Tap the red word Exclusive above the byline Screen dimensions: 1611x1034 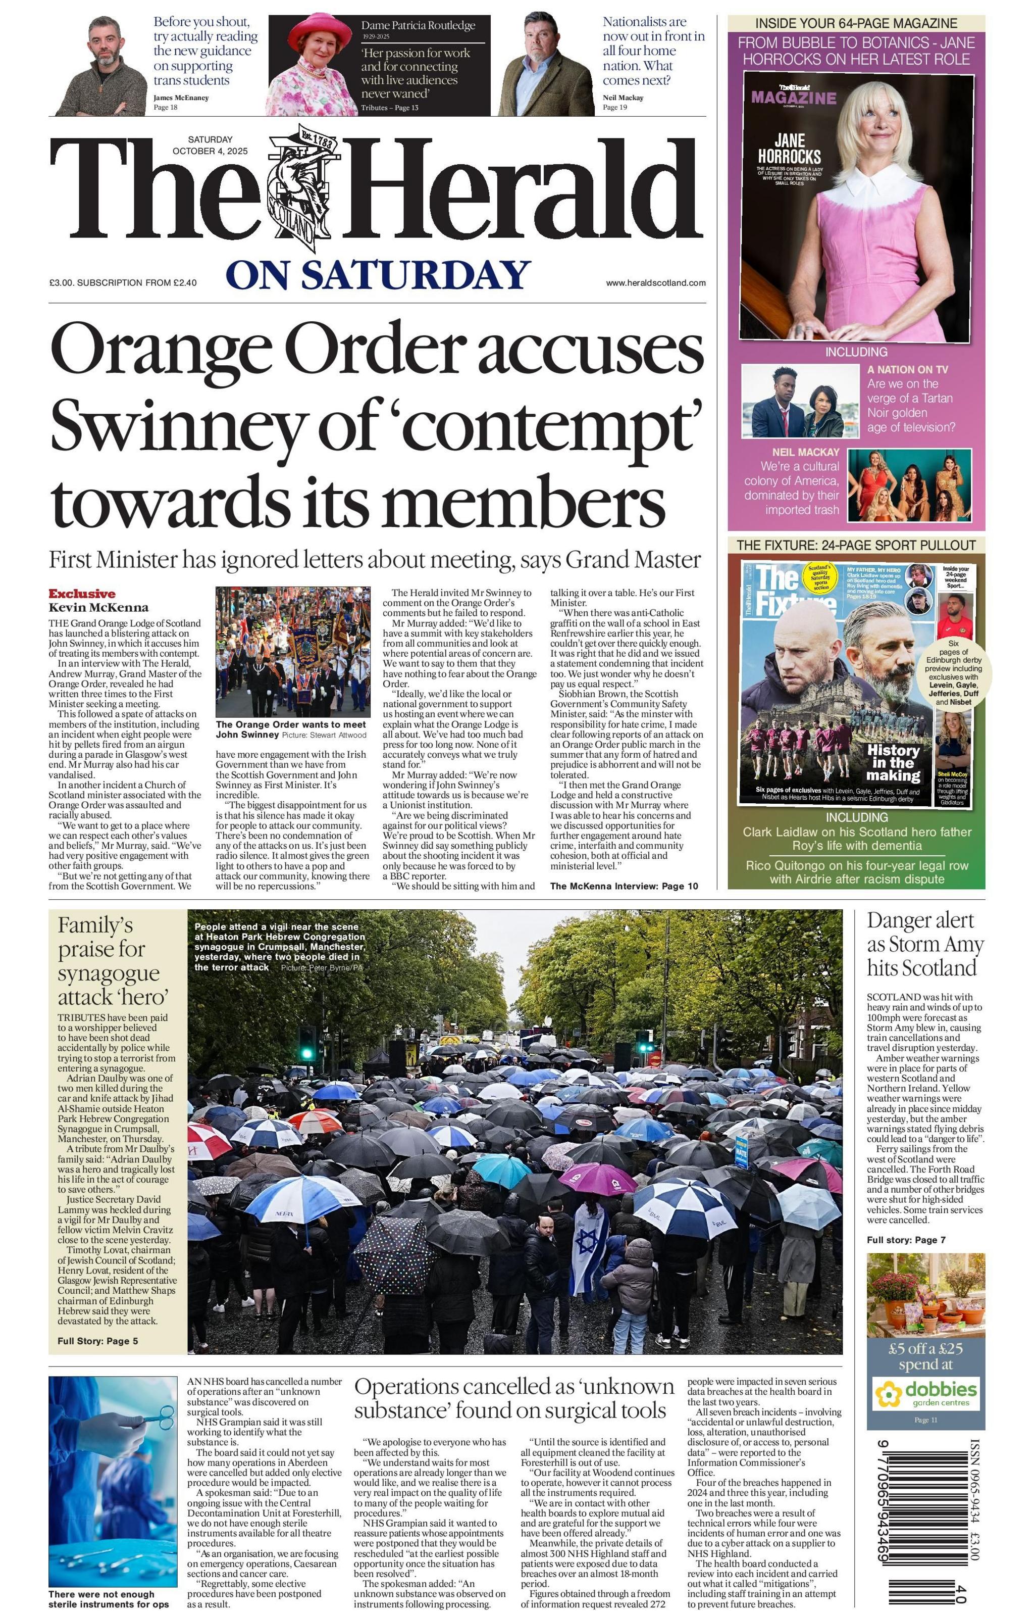click(81, 593)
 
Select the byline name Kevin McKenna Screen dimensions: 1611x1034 click(98, 607)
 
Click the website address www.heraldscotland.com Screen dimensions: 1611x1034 click(655, 283)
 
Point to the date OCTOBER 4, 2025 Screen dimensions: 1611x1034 click(210, 151)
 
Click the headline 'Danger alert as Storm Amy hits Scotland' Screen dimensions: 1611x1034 click(924, 944)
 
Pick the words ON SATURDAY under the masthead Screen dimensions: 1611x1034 click(378, 275)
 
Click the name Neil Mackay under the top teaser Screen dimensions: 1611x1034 click(623, 97)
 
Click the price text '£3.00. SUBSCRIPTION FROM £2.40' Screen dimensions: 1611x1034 click(123, 283)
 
